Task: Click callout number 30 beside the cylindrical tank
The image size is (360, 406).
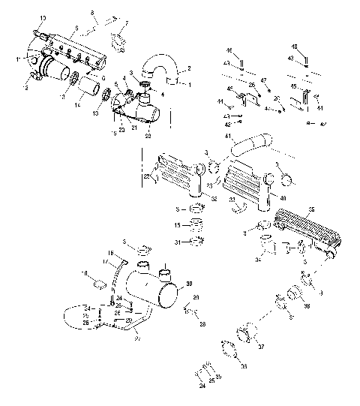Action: coord(189,283)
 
